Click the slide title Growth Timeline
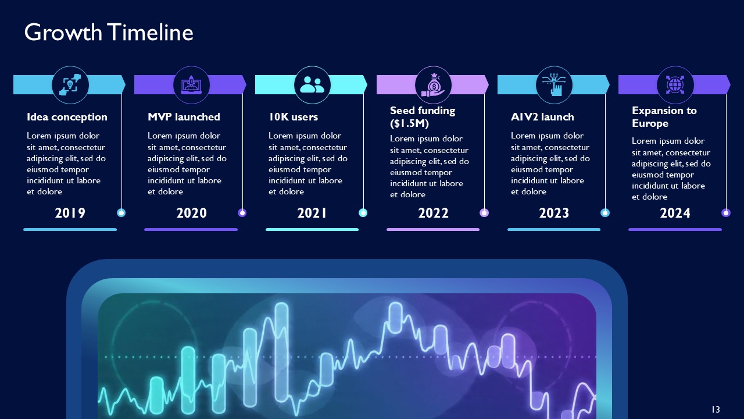[x=109, y=33]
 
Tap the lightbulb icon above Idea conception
[x=70, y=85]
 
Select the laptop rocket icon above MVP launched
[x=191, y=85]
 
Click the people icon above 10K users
[x=312, y=85]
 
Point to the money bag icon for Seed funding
[x=433, y=85]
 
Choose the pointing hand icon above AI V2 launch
[x=554, y=85]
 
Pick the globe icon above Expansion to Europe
[x=675, y=85]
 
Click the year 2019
[x=70, y=213]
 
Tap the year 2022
[x=433, y=213]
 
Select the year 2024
[x=675, y=213]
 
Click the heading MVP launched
[x=184, y=117]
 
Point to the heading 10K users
[x=293, y=117]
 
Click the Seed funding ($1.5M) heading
[x=423, y=116]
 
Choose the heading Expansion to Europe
[x=664, y=116]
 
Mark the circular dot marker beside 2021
[x=363, y=213]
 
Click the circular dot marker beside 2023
[x=605, y=213]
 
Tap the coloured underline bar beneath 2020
[x=191, y=229]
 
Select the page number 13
[x=716, y=410]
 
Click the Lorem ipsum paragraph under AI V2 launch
[x=550, y=164]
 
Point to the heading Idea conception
[x=67, y=117]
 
